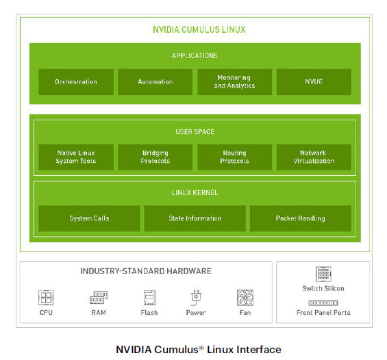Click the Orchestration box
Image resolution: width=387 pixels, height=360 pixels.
[x=76, y=82]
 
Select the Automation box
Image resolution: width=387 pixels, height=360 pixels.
[x=155, y=82]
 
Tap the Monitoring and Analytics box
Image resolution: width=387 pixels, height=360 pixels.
[x=234, y=82]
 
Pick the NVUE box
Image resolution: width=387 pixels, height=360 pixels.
[x=314, y=82]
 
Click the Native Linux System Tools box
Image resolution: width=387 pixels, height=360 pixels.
[x=76, y=157]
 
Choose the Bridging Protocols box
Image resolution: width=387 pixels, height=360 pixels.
[x=155, y=157]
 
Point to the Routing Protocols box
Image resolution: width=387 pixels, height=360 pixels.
[x=234, y=157]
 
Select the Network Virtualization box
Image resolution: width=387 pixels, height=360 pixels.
[x=314, y=157]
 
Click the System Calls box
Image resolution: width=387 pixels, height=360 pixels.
[x=89, y=218]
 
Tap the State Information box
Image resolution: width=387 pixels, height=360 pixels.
[x=195, y=218]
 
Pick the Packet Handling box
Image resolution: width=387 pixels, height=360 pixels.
[x=301, y=218]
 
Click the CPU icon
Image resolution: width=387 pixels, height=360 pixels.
[x=46, y=298]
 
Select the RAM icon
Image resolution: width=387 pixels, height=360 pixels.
[x=99, y=298]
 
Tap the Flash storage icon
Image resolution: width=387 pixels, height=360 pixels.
[x=149, y=298]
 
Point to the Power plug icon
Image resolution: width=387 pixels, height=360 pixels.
[x=196, y=297]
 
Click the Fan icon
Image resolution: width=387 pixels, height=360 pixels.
[x=245, y=298]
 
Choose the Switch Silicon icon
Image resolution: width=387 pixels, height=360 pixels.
[x=323, y=274]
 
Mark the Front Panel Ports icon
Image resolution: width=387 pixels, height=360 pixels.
[x=323, y=303]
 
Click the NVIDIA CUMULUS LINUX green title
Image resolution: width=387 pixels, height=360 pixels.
[x=199, y=30]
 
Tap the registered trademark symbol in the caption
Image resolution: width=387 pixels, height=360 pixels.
[x=201, y=348]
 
